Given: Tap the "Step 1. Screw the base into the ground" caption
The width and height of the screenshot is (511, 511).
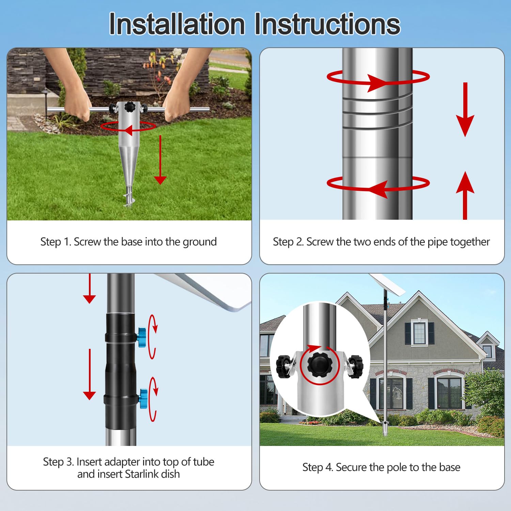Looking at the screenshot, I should tap(128, 242).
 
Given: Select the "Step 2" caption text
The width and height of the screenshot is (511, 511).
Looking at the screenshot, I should tap(381, 242).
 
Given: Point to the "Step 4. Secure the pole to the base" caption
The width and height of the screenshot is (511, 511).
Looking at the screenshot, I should tap(381, 467).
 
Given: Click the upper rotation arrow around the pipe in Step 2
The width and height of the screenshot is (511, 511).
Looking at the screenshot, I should tap(378, 78).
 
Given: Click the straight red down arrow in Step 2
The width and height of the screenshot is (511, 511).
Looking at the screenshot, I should tap(465, 109).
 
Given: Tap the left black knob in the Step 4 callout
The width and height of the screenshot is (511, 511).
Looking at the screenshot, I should tap(283, 366).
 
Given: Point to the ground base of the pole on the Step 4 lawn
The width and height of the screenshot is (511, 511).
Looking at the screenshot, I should tap(385, 429).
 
